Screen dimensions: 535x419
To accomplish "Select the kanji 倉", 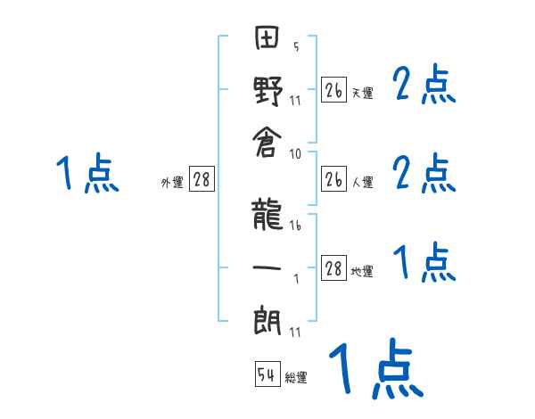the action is pyautogui.click(x=268, y=146).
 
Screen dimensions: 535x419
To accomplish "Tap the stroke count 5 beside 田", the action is pyautogui.click(x=296, y=47).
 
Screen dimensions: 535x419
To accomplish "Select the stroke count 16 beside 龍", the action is pyautogui.click(x=296, y=226).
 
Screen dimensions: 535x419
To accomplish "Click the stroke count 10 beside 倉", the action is pyautogui.click(x=296, y=153).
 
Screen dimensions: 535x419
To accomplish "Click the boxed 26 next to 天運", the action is pyautogui.click(x=333, y=90).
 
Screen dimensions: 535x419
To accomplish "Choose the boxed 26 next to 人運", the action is pyautogui.click(x=333, y=179).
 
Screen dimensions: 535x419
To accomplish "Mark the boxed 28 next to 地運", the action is pyautogui.click(x=333, y=268).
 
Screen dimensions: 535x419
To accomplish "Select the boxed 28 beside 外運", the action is pyautogui.click(x=202, y=180).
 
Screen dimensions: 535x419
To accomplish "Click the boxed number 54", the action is pyautogui.click(x=267, y=375).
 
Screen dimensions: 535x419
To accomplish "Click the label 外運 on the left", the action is pyautogui.click(x=172, y=183).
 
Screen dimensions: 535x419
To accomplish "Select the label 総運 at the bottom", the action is pyautogui.click(x=296, y=378).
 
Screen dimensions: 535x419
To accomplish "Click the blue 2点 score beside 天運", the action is pyautogui.click(x=424, y=86).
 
